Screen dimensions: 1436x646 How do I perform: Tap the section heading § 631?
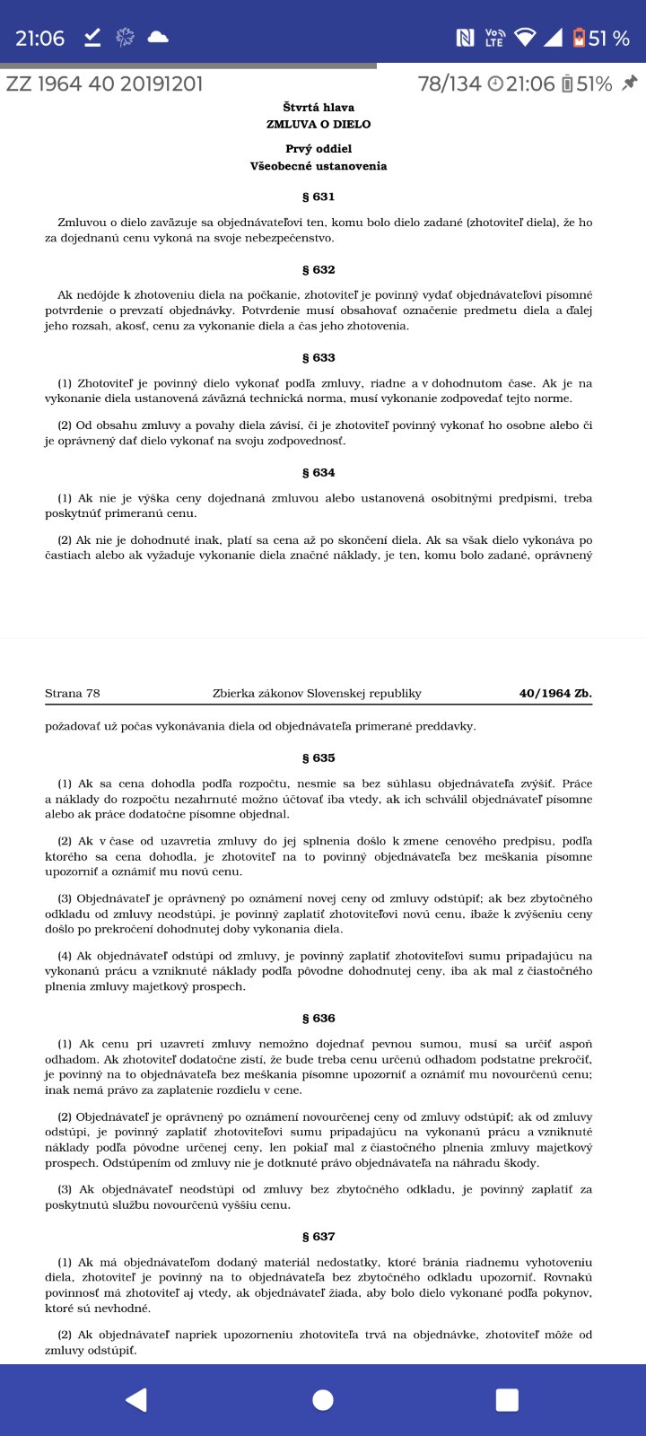319,197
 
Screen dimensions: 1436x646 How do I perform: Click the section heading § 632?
319,269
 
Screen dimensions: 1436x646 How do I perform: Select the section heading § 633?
319,357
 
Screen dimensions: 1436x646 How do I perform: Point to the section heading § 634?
319,472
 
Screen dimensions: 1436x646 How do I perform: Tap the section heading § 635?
319,757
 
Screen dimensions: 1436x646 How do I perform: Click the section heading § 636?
319,1018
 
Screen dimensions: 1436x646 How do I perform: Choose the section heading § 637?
319,1236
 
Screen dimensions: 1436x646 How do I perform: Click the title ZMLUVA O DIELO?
319,124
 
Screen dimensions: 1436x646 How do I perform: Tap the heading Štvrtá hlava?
319,108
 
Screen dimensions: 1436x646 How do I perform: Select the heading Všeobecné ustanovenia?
319,166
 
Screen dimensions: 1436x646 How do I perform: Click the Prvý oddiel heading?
319,149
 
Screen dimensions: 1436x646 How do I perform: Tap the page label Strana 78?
73,693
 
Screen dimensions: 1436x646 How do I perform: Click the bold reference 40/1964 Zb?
555,693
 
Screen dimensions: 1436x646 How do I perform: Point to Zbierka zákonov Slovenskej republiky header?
317,693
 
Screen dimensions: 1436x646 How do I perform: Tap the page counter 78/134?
450,84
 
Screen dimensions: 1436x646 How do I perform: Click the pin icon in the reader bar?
630,83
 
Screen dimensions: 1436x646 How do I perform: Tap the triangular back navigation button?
136,1400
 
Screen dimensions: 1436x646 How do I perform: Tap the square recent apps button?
507,1400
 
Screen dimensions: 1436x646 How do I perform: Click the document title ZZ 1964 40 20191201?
104,84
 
